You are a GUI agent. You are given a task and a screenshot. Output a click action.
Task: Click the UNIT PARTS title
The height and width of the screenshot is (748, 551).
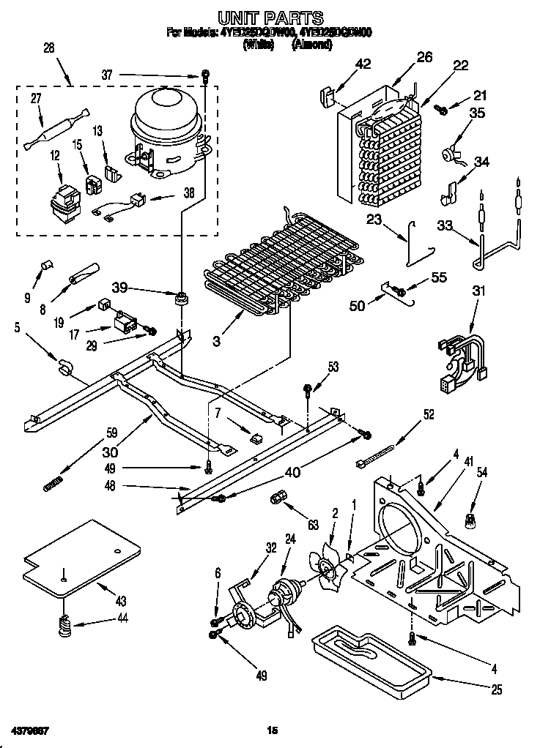pos(271,15)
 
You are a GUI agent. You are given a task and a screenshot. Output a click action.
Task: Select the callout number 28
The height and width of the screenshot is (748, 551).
pos(49,48)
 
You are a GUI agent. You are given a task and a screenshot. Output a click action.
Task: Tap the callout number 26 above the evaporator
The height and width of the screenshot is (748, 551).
pos(425,57)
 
